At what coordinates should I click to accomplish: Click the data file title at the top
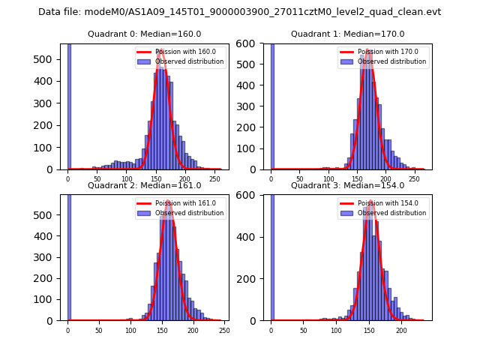click(239, 12)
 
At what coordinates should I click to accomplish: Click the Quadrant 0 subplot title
click(144, 34)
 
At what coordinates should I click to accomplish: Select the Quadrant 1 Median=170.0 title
click(347, 34)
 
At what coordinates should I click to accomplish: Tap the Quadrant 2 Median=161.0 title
click(144, 185)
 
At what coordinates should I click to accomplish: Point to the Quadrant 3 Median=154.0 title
click(347, 185)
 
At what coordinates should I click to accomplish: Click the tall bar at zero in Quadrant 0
click(69, 105)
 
